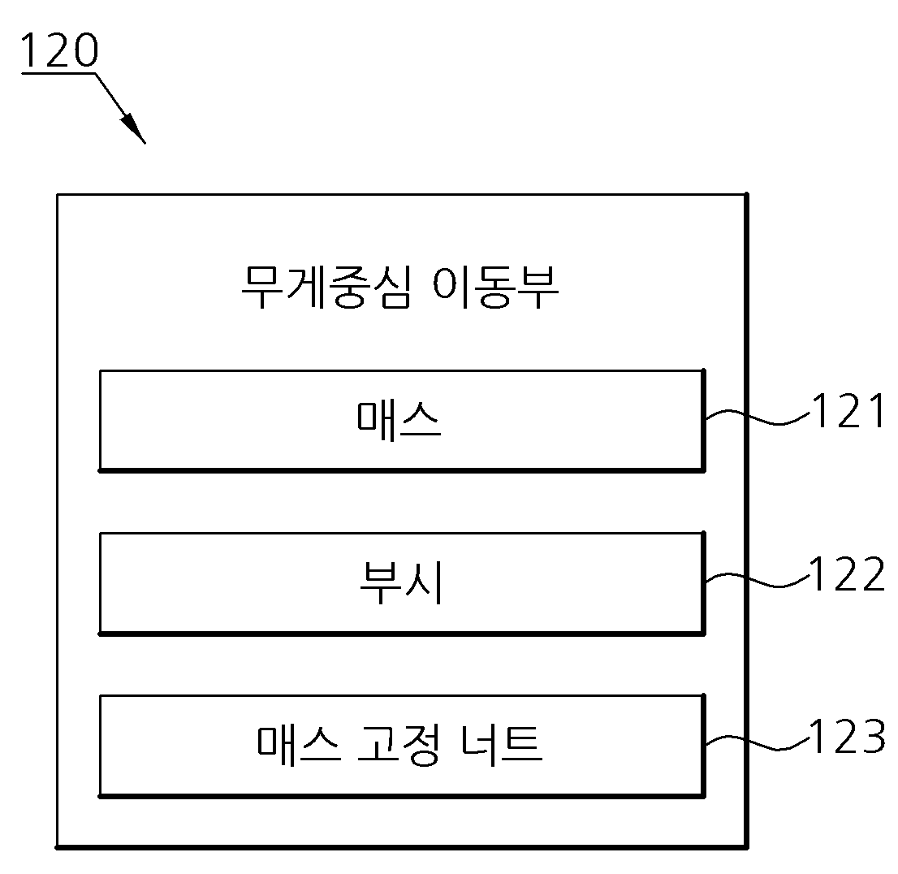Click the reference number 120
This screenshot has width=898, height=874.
[x=59, y=50]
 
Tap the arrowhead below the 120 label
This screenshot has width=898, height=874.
[x=133, y=128]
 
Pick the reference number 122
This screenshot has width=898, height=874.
[x=847, y=573]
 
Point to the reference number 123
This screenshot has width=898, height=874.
[x=847, y=737]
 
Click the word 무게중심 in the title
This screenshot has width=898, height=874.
[x=326, y=287]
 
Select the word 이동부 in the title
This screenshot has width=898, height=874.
[x=495, y=287]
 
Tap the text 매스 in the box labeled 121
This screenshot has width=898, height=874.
[x=399, y=420]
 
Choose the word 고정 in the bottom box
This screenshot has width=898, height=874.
[x=399, y=746]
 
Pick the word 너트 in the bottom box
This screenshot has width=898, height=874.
[x=501, y=745]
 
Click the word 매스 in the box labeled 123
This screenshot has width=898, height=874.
[x=298, y=745]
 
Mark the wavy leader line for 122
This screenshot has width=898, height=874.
[x=757, y=579]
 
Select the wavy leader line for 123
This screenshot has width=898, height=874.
[x=757, y=742]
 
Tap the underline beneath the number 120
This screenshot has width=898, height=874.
[x=58, y=74]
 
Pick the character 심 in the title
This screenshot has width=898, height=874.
[x=391, y=287]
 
